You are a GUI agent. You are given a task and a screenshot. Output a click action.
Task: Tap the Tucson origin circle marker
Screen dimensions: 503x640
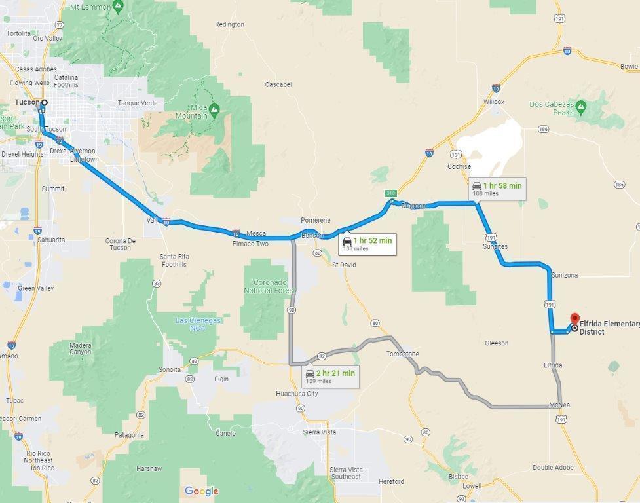(x=45, y=103)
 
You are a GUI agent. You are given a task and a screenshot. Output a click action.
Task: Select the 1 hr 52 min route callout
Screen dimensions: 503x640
(x=366, y=244)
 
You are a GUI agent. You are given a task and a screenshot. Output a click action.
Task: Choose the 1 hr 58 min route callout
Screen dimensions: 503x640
(x=497, y=189)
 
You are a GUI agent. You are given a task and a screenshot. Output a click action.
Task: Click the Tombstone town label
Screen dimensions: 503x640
(x=402, y=354)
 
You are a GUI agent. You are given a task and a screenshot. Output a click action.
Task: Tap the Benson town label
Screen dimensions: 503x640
(x=312, y=235)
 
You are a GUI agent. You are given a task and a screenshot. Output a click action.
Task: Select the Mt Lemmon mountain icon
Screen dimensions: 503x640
(x=118, y=7)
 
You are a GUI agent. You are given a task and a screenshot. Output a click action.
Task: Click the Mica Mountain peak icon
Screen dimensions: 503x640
(x=215, y=107)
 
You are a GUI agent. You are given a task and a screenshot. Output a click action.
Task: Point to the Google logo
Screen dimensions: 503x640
(x=202, y=491)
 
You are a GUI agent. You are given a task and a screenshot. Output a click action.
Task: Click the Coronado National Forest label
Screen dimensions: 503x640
(x=270, y=286)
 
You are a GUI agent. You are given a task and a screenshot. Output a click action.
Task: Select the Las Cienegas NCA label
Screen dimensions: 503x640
(x=198, y=324)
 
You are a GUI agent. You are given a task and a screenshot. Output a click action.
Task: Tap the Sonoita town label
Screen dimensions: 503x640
(x=170, y=369)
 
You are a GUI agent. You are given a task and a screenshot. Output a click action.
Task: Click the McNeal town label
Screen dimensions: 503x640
(x=560, y=405)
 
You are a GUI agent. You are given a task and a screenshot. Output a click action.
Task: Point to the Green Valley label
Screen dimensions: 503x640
(x=35, y=288)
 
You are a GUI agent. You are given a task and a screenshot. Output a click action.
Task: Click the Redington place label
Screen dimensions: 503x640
(x=229, y=24)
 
